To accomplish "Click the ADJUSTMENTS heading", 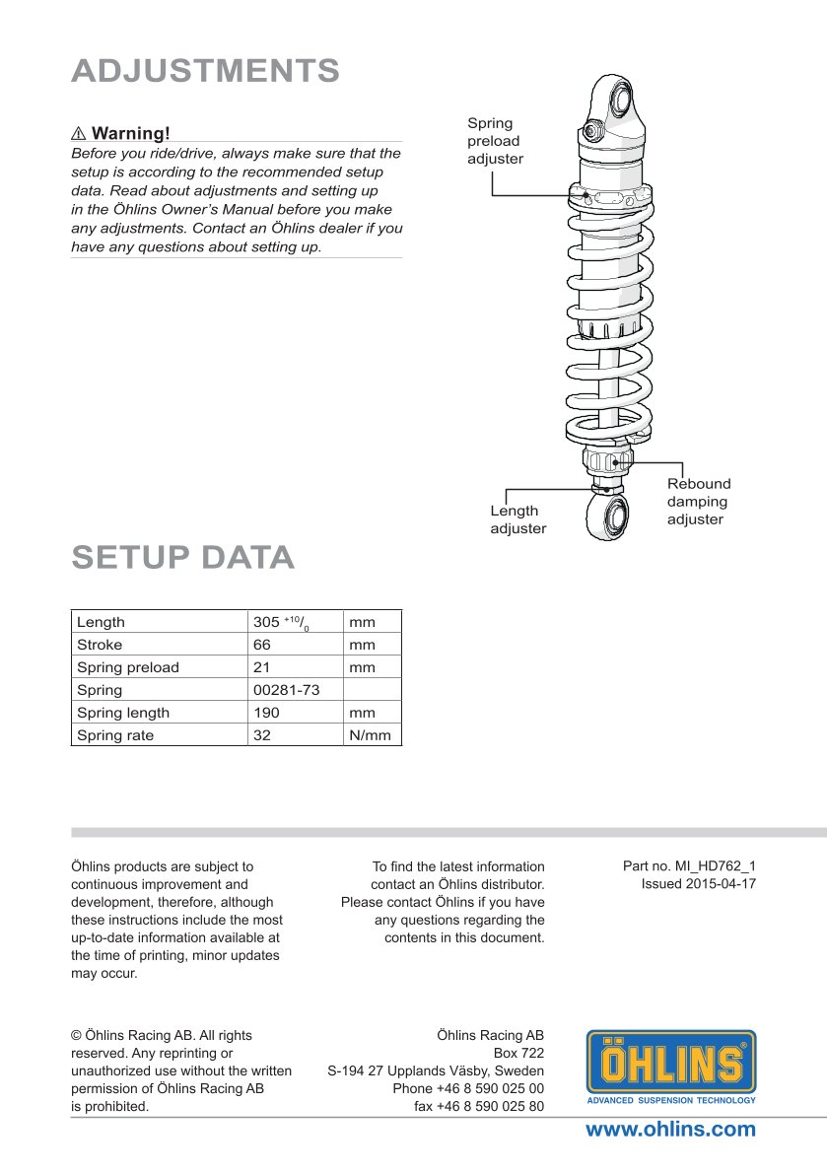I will [x=205, y=71].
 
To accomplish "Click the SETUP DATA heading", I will [x=183, y=558].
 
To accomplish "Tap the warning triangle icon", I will [x=79, y=133].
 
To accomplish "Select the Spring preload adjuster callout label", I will [x=495, y=141].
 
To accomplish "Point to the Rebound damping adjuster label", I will [x=698, y=502].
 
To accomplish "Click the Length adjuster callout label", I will [x=517, y=519].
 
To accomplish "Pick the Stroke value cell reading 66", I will [x=261, y=645].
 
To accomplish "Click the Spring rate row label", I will [x=115, y=735].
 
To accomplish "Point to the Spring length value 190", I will [x=266, y=713].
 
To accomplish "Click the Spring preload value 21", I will [x=261, y=667].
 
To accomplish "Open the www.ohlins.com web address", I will [x=670, y=1130].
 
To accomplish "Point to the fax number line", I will [x=479, y=1106].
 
